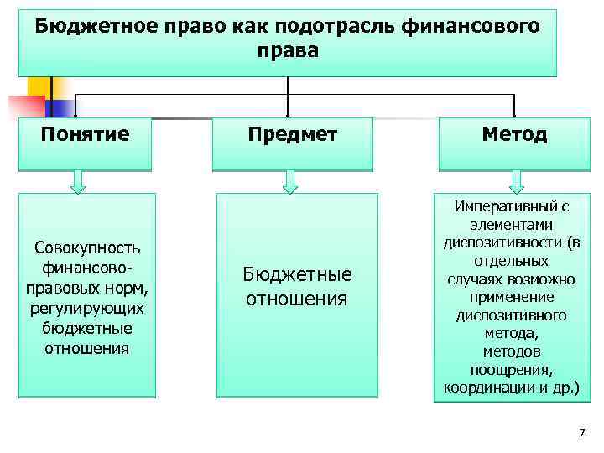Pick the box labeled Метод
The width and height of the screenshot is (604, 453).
(x=514, y=134)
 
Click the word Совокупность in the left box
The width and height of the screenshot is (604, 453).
(x=87, y=248)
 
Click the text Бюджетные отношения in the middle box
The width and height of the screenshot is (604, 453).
(x=296, y=287)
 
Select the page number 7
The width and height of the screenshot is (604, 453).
(x=581, y=433)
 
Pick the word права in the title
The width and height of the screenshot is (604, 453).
(x=289, y=51)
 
